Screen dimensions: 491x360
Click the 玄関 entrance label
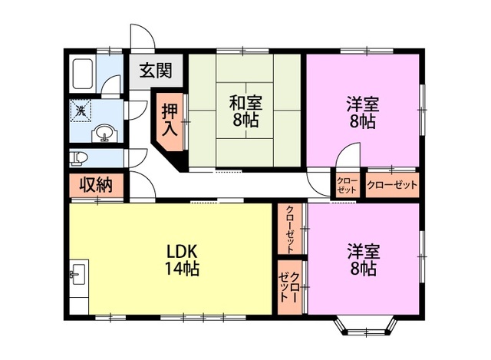[x=156, y=71]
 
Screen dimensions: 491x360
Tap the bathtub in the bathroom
[x=83, y=74]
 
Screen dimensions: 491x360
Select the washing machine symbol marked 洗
[x=81, y=111]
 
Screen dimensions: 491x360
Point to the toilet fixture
[x=78, y=158]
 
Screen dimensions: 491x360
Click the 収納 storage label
[x=95, y=185]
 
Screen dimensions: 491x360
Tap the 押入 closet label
[x=170, y=120]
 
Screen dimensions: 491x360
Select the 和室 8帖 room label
[x=245, y=111]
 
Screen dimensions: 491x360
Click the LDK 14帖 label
[x=182, y=259]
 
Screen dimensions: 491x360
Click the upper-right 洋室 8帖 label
[x=363, y=113]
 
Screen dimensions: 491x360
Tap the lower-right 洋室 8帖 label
[x=363, y=259]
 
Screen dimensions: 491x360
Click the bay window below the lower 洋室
[x=366, y=328]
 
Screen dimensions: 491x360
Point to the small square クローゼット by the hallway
[x=347, y=186]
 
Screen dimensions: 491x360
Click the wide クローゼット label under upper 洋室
[x=392, y=185]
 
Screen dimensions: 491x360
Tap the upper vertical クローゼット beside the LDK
[x=290, y=229]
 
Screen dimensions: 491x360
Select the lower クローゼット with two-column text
[x=290, y=287]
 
